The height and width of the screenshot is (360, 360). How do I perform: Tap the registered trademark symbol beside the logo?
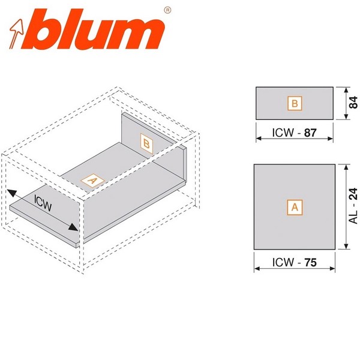pyautogui.click(x=167, y=10)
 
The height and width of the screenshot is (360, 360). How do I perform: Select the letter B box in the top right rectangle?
pyautogui.click(x=294, y=104)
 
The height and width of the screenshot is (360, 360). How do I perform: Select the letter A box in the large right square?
pyautogui.click(x=294, y=207)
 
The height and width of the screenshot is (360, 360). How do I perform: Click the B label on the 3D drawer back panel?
pyautogui.click(x=146, y=143)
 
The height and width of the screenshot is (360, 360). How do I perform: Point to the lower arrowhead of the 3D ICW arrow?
pyautogui.click(x=74, y=228)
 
